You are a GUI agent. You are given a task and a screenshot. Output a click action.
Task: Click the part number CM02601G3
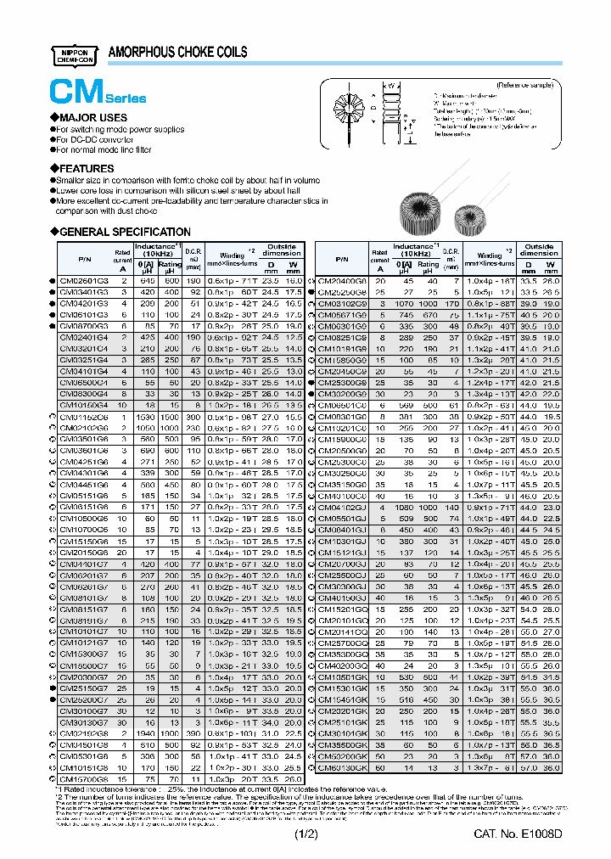pos(83,280)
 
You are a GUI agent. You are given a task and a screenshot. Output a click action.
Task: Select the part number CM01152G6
pos(83,418)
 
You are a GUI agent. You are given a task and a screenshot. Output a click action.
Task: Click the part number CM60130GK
pos(342,767)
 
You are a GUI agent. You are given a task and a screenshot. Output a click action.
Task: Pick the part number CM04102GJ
pos(342,507)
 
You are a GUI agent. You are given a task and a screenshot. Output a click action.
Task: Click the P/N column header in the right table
pos(341,259)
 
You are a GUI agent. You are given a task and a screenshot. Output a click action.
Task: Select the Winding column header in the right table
pos(490,257)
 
